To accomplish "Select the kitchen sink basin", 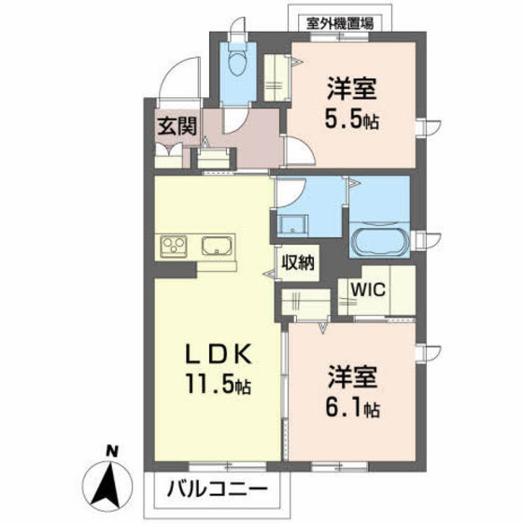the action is point(217,247).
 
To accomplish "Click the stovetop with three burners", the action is point(174,247).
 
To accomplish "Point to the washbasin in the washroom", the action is point(293,225).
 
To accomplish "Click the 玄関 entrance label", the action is point(177,126).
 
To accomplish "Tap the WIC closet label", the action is point(369,290).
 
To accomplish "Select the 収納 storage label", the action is point(298,262).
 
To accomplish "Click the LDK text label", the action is point(219,354).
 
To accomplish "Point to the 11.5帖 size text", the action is point(219,385).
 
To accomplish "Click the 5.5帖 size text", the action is point(352,120).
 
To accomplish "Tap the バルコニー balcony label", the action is point(217,489).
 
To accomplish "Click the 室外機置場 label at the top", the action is point(340,23).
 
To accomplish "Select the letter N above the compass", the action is point(112,452).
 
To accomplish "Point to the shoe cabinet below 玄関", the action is point(169,156).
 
